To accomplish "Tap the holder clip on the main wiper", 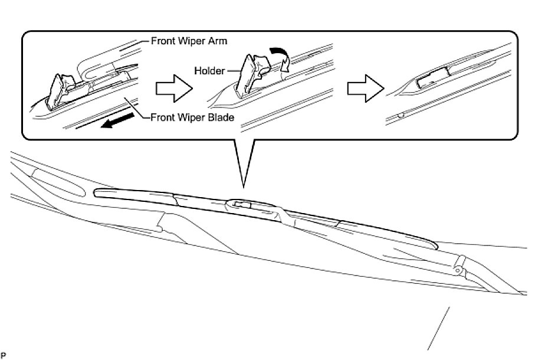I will coord(241,205).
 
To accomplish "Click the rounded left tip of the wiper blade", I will coord(98,192).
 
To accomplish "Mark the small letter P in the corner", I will coord(2,355).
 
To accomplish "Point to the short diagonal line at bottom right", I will coord(439,328).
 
